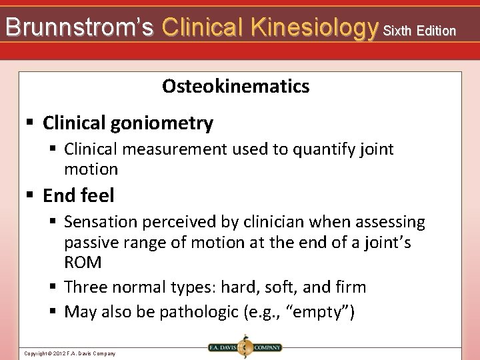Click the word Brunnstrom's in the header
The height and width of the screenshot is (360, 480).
tap(79, 27)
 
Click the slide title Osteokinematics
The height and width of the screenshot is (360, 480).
tap(236, 86)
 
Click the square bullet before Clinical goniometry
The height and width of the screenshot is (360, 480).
tap(29, 123)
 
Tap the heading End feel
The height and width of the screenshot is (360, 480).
tap(79, 195)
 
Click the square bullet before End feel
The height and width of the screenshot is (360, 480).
tap(29, 195)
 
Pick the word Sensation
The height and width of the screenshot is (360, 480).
tap(105, 222)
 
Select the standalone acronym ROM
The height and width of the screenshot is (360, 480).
tap(83, 263)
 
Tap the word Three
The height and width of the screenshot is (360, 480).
tap(87, 287)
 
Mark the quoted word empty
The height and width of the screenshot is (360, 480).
tap(326, 312)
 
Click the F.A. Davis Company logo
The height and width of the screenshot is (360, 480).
tap(243, 347)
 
